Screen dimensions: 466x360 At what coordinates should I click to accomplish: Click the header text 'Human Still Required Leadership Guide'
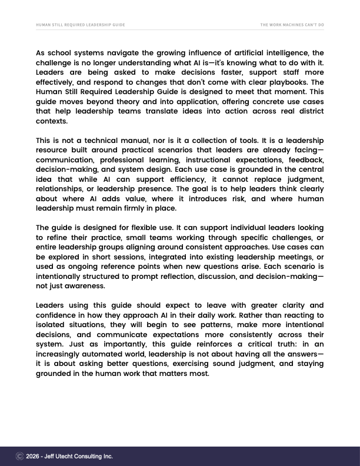point(81,25)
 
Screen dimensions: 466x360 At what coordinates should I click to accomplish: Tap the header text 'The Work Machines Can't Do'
point(292,25)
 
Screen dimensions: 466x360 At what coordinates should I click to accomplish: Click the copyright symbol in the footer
point(19,456)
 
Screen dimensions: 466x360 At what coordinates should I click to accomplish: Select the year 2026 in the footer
point(34,456)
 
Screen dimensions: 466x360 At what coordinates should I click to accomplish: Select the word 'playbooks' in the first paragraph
point(287,82)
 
